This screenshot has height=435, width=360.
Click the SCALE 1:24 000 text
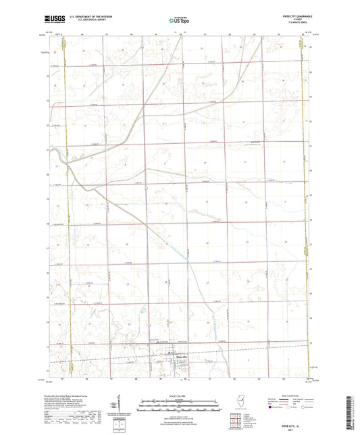pos(179,396)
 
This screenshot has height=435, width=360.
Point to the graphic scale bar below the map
pos(179,403)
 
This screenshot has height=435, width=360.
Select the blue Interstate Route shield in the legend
pos(272,409)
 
